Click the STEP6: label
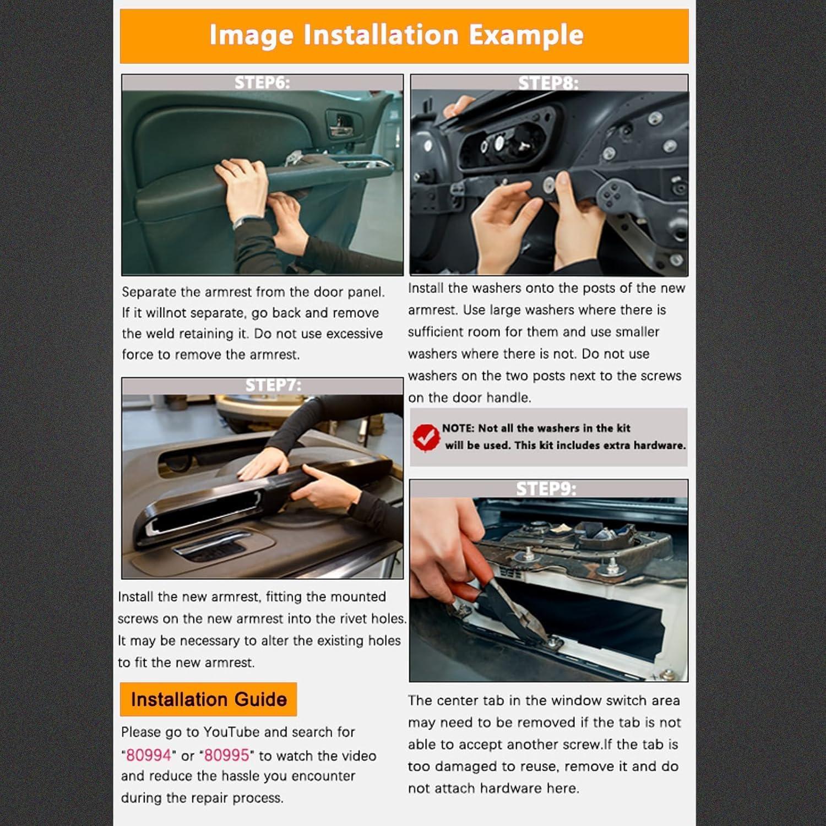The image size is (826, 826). point(262,83)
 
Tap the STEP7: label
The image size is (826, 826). point(273,385)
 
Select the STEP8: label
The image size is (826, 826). point(548,83)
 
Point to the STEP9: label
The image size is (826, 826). point(546,488)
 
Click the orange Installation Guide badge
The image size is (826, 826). point(208,699)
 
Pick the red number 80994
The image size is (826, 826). point(149,755)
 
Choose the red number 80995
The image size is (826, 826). point(227,755)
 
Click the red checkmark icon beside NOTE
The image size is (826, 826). point(426,437)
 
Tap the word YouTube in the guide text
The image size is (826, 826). point(231,732)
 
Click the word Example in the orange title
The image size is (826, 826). point(526,35)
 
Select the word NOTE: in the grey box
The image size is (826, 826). point(458,428)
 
